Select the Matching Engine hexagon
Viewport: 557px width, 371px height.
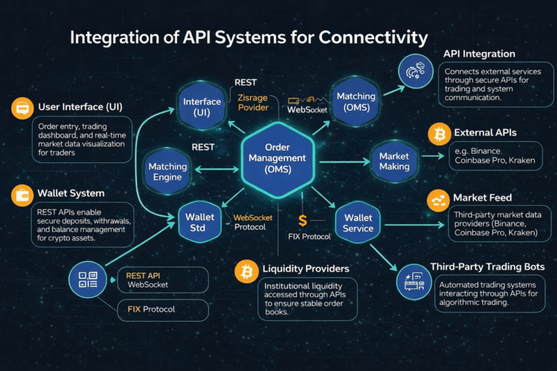pos(168,172)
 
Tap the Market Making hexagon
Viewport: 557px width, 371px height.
pos(394,161)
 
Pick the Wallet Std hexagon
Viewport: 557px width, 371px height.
pos(200,222)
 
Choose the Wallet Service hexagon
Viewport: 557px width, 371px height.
pos(358,222)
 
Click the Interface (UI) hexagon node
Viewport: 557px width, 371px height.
pos(202,107)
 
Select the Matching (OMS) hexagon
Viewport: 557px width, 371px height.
pos(355,101)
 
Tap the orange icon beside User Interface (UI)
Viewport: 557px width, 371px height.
pos(22,108)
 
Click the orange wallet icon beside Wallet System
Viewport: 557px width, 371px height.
pos(22,194)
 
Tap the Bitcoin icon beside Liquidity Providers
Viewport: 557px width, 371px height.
pos(247,271)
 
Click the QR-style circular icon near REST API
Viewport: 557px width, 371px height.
pos(88,280)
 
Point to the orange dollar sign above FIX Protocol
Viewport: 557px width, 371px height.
pos(302,220)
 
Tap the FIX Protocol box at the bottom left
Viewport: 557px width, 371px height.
pos(163,309)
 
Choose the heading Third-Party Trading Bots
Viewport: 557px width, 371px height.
pos(487,267)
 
